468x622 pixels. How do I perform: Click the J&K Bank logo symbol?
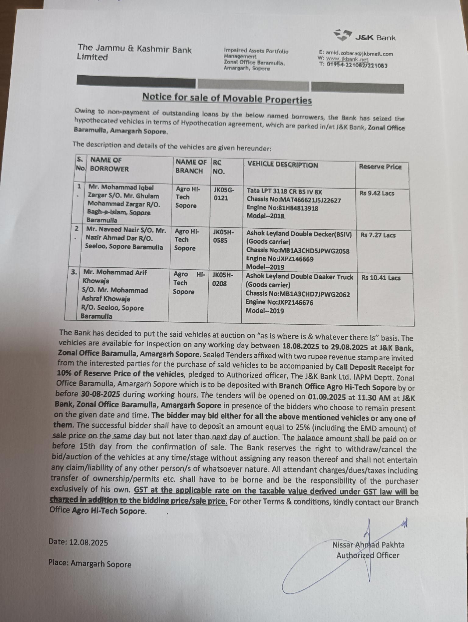tap(342, 35)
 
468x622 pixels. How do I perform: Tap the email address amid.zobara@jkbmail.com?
tap(360, 53)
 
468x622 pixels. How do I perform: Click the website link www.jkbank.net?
tap(347, 59)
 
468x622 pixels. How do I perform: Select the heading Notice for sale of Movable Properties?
tap(227, 98)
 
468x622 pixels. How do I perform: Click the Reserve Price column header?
tap(380, 167)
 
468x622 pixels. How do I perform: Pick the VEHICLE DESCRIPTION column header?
tap(282, 165)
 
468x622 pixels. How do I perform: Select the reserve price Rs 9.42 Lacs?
tap(377, 193)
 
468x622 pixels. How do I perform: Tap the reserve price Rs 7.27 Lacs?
tap(378, 235)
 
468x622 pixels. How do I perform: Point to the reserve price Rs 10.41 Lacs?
tap(381, 278)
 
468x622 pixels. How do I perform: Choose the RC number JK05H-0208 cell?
tap(222, 280)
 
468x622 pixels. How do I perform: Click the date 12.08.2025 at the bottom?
tap(88, 542)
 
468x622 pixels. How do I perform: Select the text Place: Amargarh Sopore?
tap(90, 564)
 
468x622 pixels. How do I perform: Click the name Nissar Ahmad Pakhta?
tap(368, 545)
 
